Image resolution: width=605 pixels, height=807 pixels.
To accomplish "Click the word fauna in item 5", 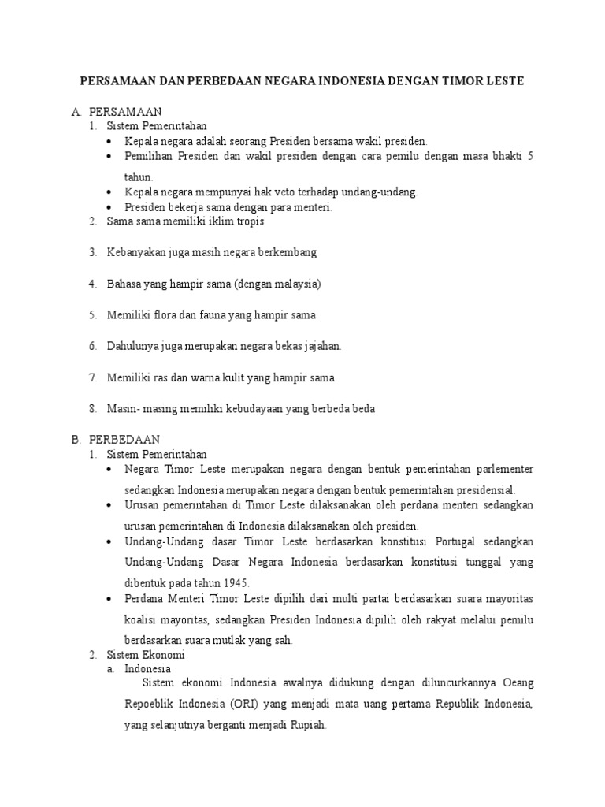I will pos(226,314).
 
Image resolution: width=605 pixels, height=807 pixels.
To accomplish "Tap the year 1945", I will pos(235,583).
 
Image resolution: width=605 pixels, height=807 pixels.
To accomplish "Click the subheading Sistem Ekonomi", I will pos(145,654).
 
